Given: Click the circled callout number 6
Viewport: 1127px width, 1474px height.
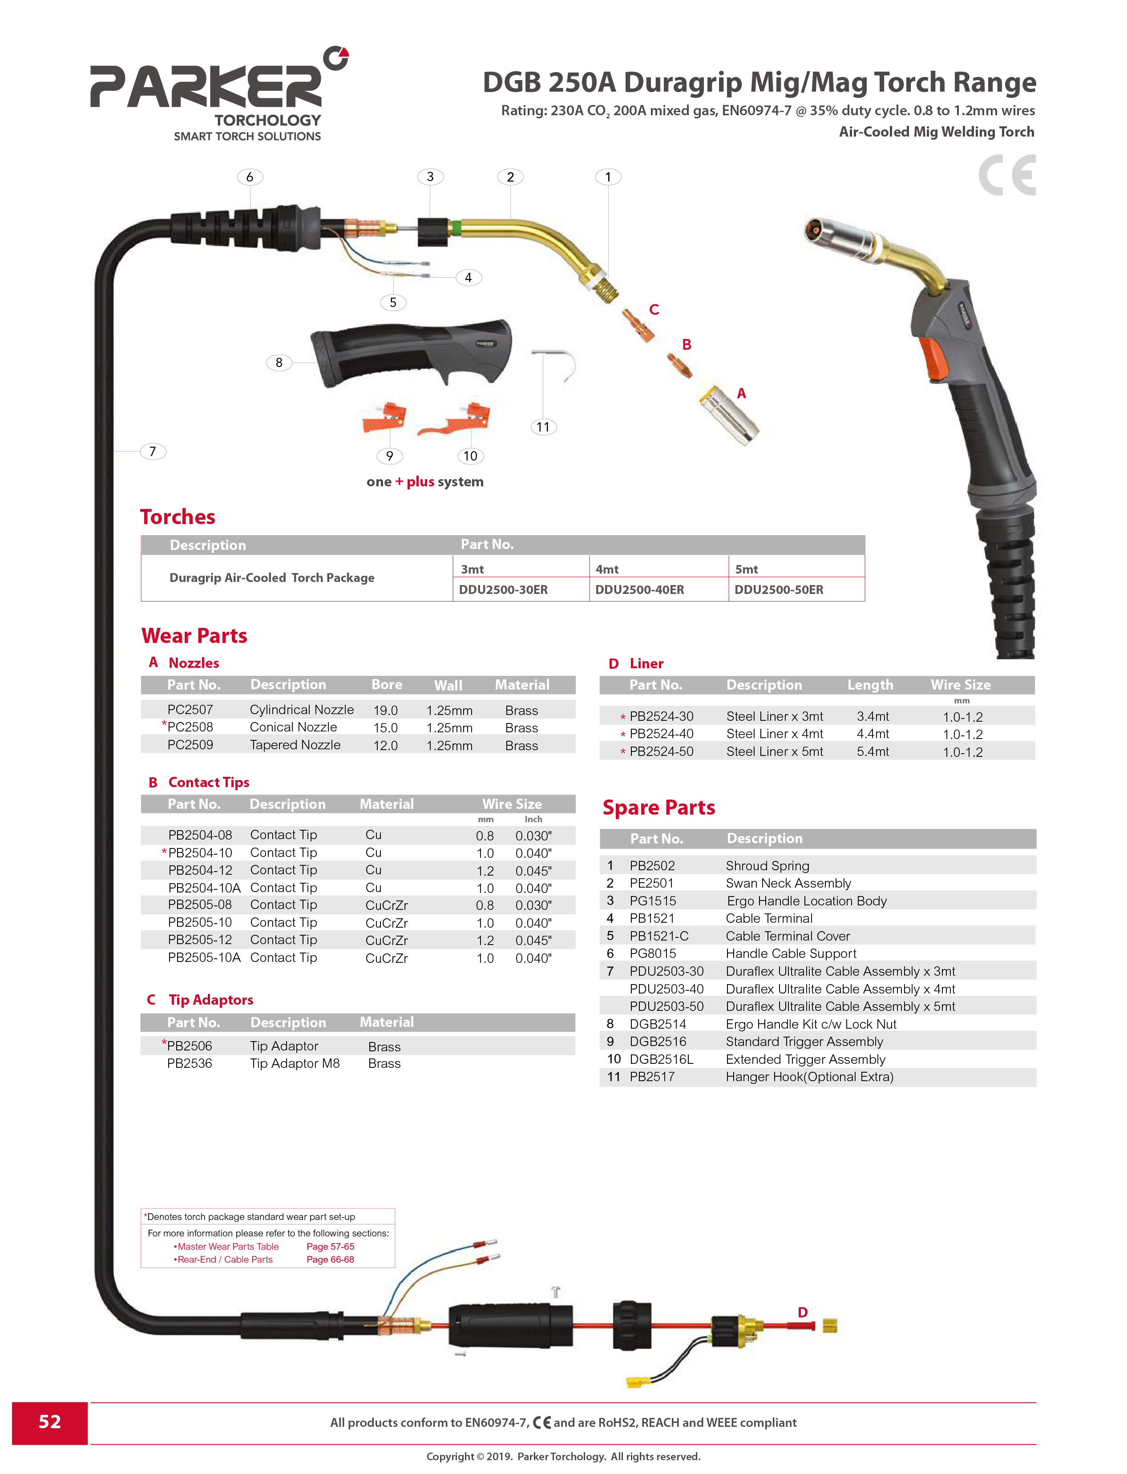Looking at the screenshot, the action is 250,177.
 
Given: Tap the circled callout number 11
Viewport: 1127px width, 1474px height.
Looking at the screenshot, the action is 543,427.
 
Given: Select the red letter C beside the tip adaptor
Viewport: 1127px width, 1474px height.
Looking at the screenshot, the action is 654,309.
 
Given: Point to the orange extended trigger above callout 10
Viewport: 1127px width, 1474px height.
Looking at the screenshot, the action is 456,419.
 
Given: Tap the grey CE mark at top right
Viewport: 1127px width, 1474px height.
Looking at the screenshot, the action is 1007,175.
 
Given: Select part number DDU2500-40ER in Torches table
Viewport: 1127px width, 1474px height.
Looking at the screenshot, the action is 639,590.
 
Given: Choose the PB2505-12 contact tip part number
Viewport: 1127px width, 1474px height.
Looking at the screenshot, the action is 200,940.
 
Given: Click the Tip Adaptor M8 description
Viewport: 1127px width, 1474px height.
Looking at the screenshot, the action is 295,1063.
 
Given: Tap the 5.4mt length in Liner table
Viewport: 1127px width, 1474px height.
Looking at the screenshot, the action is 873,751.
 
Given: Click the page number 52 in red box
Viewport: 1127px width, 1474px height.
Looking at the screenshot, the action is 50,1422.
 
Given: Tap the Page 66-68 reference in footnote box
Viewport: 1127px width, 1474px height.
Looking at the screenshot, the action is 330,1259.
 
